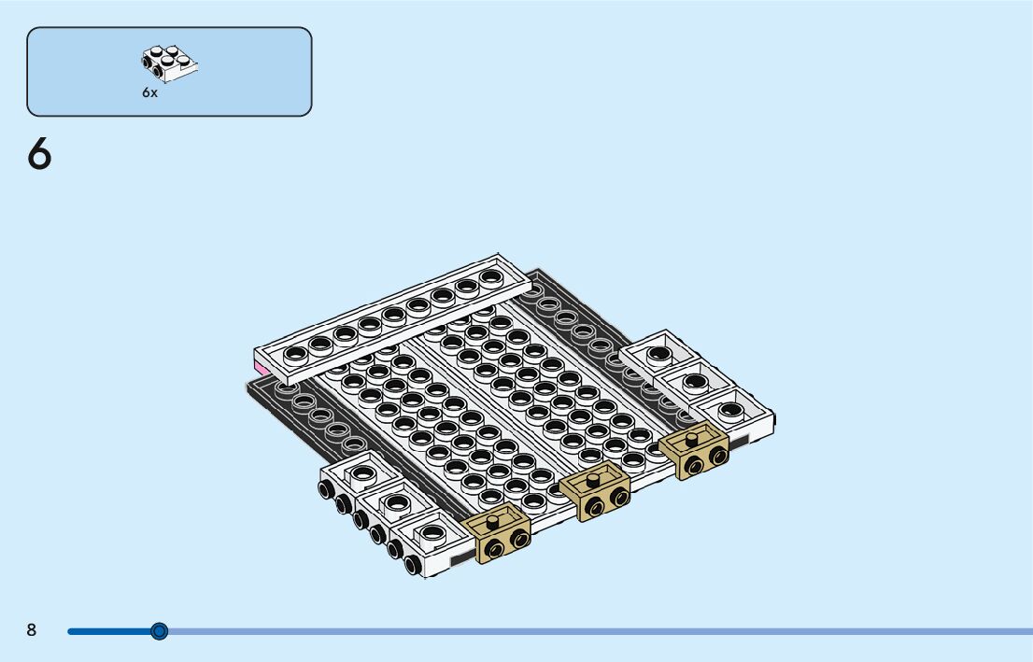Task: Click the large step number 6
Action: coord(39,154)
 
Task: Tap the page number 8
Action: coord(32,629)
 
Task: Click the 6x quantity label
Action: coord(150,92)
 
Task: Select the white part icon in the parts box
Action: coord(169,63)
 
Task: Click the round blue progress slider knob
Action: coord(159,632)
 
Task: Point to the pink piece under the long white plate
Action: coord(262,368)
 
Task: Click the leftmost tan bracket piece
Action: coord(496,531)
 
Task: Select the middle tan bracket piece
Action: coord(595,491)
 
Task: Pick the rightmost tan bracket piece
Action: coord(694,450)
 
